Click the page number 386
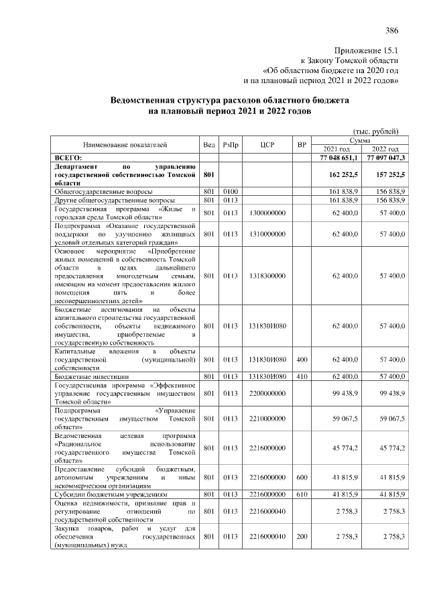point(392,30)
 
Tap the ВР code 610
point(302,494)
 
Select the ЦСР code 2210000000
point(267,419)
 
